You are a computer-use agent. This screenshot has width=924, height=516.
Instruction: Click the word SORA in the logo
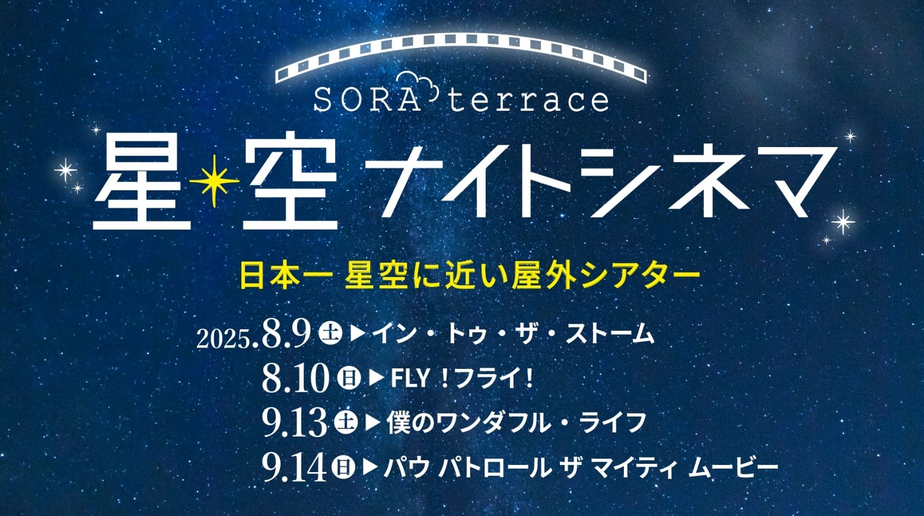[x=367, y=100]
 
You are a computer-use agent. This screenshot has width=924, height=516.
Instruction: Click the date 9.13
[x=295, y=424]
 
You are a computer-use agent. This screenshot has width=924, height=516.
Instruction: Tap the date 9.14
[x=295, y=469]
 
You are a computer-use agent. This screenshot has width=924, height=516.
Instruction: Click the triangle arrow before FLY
[x=375, y=378]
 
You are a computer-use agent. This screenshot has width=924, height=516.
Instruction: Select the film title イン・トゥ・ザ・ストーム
[x=513, y=334]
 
